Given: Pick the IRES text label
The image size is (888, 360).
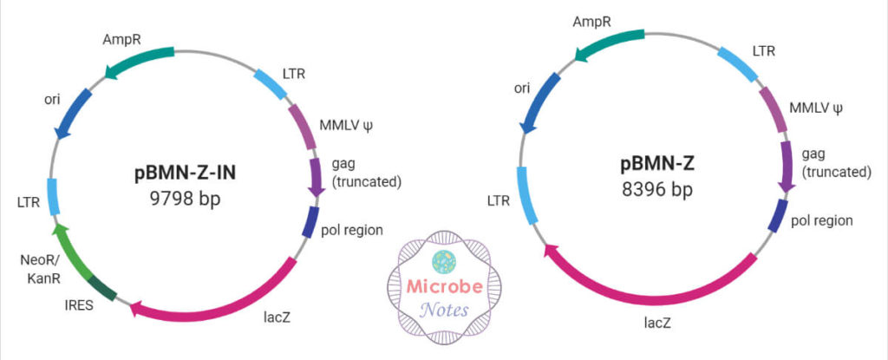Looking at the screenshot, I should (x=75, y=305).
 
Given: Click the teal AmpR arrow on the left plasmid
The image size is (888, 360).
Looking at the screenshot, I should (x=139, y=59).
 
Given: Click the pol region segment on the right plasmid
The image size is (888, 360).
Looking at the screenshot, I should (x=777, y=216).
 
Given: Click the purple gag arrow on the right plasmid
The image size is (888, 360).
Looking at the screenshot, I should (x=787, y=167).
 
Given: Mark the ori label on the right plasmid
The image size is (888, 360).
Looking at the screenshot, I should (x=522, y=88).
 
